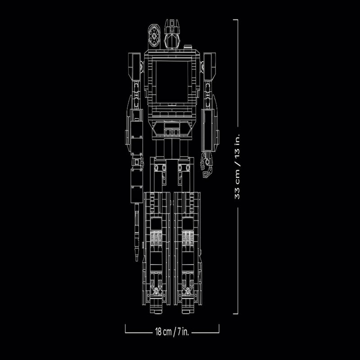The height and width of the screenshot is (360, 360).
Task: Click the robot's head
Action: tap(172, 34)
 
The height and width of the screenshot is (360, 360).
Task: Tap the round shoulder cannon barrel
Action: tap(154, 36)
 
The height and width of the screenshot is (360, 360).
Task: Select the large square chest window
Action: tap(172, 81)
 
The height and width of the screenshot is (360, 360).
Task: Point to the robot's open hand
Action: tap(207, 164)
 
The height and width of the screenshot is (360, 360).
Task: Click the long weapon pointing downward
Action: tap(137, 232)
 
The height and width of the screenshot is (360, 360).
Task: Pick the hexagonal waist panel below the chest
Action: tap(172, 129)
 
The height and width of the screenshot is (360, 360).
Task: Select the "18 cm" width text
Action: tap(163, 332)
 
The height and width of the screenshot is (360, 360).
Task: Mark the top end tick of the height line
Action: tap(235, 20)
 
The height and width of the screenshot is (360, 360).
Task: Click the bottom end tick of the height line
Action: tap(235, 314)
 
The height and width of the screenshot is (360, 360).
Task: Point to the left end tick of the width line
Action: tap(126, 328)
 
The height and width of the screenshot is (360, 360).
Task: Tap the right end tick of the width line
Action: tap(219, 328)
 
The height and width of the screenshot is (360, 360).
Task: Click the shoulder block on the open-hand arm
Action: tap(209, 67)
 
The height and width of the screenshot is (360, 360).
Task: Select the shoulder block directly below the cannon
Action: tap(134, 67)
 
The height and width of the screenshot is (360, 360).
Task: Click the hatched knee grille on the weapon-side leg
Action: tap(156, 239)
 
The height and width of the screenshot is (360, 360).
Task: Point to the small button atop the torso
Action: tap(187, 47)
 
